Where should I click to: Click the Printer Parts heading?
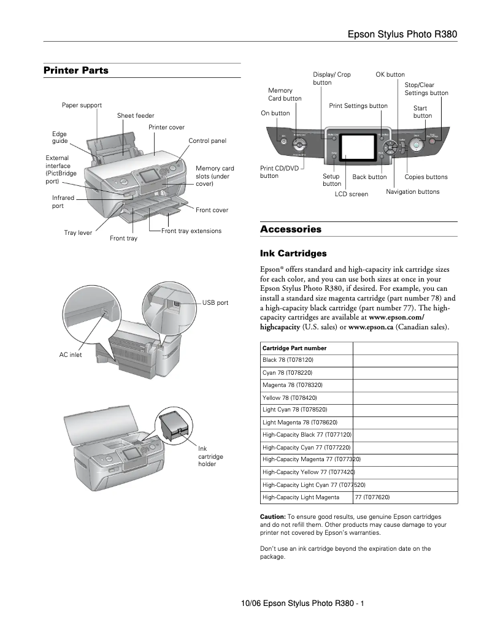pyautogui.click(x=75, y=71)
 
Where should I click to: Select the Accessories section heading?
pyautogui.click(x=291, y=229)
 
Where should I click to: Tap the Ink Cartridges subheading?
pyautogui.click(x=293, y=253)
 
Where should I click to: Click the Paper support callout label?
pyautogui.click(x=82, y=105)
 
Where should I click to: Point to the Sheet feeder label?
pyautogui.click(x=136, y=116)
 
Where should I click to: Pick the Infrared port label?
pyautogui.click(x=63, y=202)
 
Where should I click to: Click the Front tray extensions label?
pyautogui.click(x=191, y=231)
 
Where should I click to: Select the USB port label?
pyautogui.click(x=215, y=303)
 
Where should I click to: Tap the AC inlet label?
pyautogui.click(x=70, y=354)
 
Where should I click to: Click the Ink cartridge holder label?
pyautogui.click(x=210, y=456)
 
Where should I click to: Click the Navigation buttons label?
pyautogui.click(x=412, y=192)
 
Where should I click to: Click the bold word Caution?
pyautogui.click(x=273, y=517)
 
